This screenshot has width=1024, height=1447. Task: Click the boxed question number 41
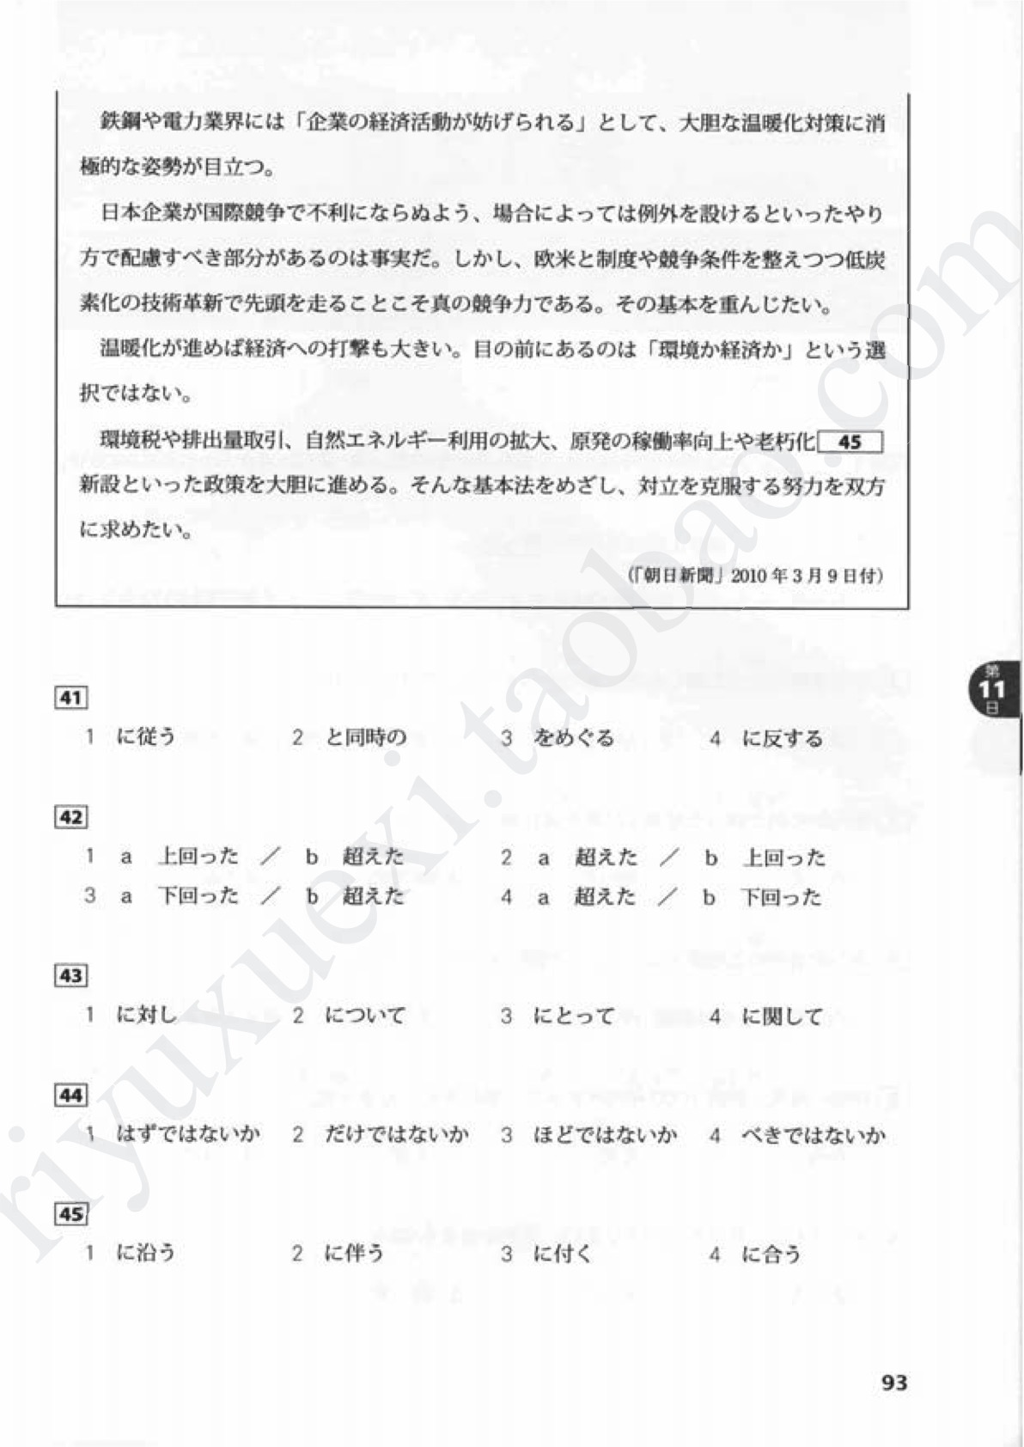(70, 698)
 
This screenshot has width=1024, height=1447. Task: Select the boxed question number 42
(70, 817)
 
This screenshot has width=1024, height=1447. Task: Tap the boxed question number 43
(70, 975)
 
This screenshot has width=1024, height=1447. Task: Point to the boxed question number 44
(70, 1095)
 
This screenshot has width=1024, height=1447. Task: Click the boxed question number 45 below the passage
(70, 1214)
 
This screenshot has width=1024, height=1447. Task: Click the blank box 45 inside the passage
(850, 443)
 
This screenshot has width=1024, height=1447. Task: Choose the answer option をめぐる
(573, 738)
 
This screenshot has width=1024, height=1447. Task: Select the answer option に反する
(782, 738)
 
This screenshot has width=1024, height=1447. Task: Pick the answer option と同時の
(365, 737)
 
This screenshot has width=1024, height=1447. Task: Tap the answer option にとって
(573, 1016)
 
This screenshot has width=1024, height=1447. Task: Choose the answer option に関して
(782, 1016)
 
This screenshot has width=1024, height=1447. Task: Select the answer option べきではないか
(813, 1135)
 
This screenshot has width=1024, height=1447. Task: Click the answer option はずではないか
(187, 1134)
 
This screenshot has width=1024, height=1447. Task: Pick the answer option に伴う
(354, 1254)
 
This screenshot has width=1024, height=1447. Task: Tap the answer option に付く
(563, 1254)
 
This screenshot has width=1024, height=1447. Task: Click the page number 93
(894, 1383)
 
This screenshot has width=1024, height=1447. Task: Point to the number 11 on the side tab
(991, 690)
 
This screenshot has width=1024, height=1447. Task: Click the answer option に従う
(145, 737)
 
